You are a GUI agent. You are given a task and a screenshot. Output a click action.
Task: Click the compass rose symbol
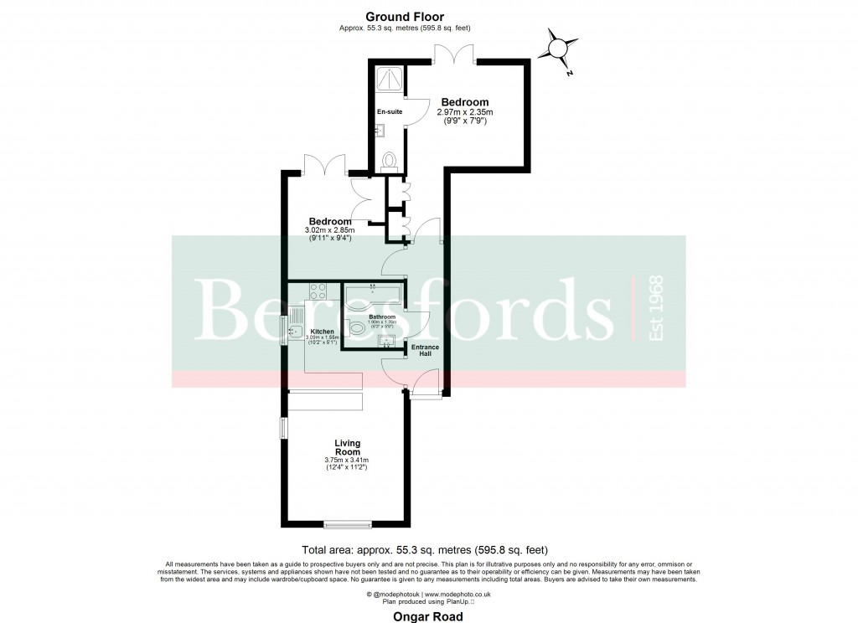tap(557, 46)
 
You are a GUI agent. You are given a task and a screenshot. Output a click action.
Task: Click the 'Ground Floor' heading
tap(405, 17)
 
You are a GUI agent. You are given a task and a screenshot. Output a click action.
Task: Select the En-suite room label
tap(390, 111)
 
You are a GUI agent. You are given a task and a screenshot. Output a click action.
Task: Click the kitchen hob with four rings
tap(318, 291)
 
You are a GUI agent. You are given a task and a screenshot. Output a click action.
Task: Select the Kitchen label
tap(323, 332)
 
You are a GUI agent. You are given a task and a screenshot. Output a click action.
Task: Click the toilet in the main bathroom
tap(355, 328)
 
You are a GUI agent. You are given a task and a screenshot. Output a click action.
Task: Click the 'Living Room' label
tap(347, 448)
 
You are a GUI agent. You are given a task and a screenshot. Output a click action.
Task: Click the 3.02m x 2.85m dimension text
tap(329, 230)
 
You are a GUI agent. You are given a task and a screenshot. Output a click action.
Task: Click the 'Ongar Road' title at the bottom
tap(428, 615)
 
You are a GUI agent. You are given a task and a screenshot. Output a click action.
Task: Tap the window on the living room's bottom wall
tap(348, 526)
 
